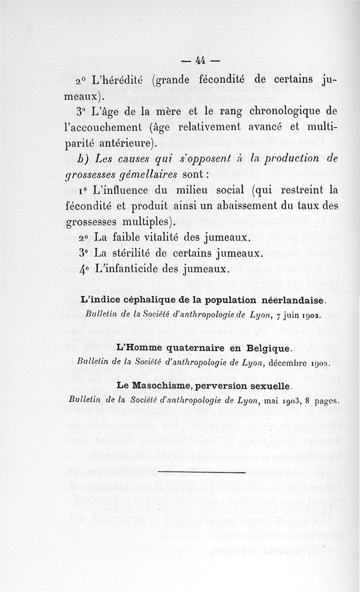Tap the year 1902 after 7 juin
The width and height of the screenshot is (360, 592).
coord(310,314)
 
